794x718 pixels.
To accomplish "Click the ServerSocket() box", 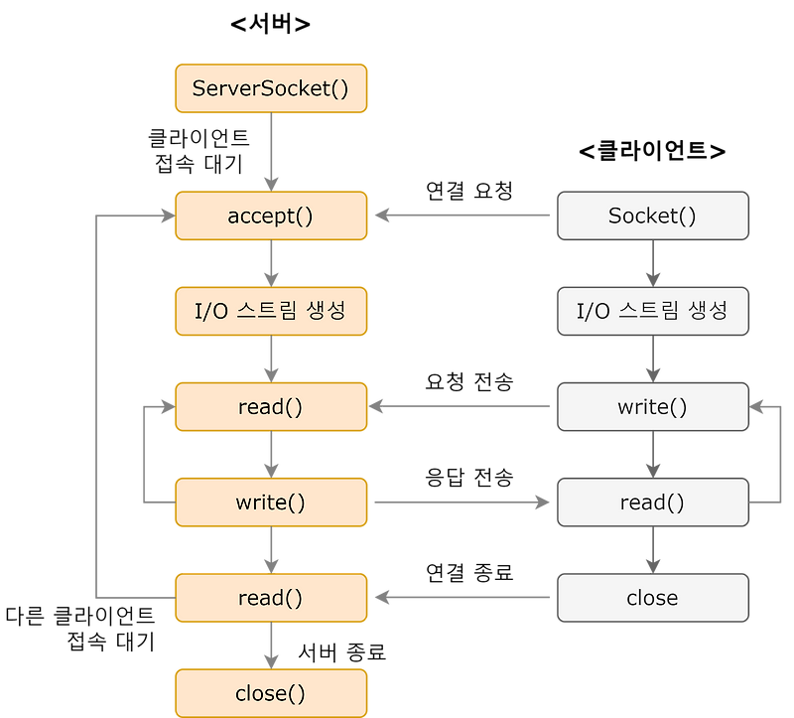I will (271, 88).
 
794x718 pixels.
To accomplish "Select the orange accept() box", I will (271, 215).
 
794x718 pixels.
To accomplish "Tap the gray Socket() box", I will (652, 215).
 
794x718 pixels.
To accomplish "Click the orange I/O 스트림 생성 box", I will (271, 311).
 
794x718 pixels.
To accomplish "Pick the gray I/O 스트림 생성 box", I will (652, 311).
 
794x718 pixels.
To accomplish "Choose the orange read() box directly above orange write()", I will (271, 406).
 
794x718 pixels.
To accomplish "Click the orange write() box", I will (271, 502).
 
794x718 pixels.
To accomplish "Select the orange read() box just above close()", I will (271, 597).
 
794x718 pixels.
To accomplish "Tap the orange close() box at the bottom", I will (271, 692).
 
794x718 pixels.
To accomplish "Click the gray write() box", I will (652, 406).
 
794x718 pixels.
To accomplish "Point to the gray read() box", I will (652, 502).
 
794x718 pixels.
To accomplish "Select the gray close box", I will (652, 597).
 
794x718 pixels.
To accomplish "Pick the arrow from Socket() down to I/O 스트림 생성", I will (652, 263).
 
